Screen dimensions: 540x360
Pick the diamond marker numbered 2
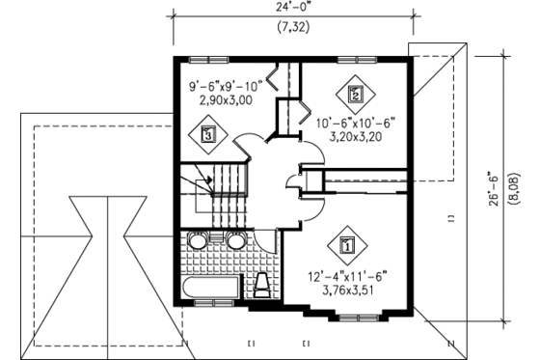(x=354, y=95)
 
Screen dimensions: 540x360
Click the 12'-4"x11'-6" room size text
(x=347, y=275)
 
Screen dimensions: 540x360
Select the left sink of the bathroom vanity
(x=198, y=241)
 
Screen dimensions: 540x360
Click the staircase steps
(x=226, y=193)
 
